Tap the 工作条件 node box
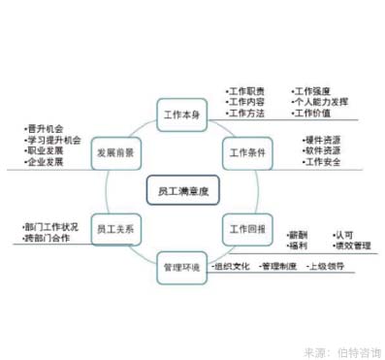[245, 150]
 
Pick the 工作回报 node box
[245, 230]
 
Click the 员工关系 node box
[114, 230]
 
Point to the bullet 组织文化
[232, 264]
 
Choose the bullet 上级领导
[325, 264]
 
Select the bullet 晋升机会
[44, 127]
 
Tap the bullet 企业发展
[44, 162]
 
